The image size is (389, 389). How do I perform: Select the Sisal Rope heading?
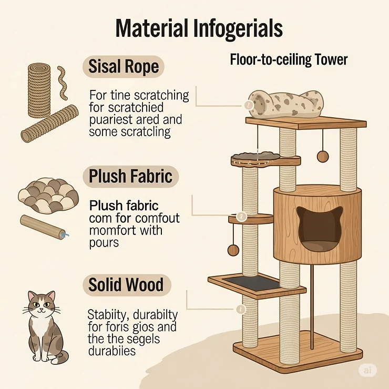click(x=124, y=67)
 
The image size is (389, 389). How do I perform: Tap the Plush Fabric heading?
click(x=130, y=177)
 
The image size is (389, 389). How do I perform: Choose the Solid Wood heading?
click(x=126, y=285)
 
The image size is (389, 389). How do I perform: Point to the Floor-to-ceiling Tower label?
click(x=289, y=60)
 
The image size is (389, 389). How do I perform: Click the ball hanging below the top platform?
click(x=322, y=156)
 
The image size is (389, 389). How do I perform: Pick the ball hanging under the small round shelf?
click(x=233, y=250)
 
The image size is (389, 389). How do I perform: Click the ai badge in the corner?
click(x=367, y=370)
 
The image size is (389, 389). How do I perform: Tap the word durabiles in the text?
click(x=112, y=350)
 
